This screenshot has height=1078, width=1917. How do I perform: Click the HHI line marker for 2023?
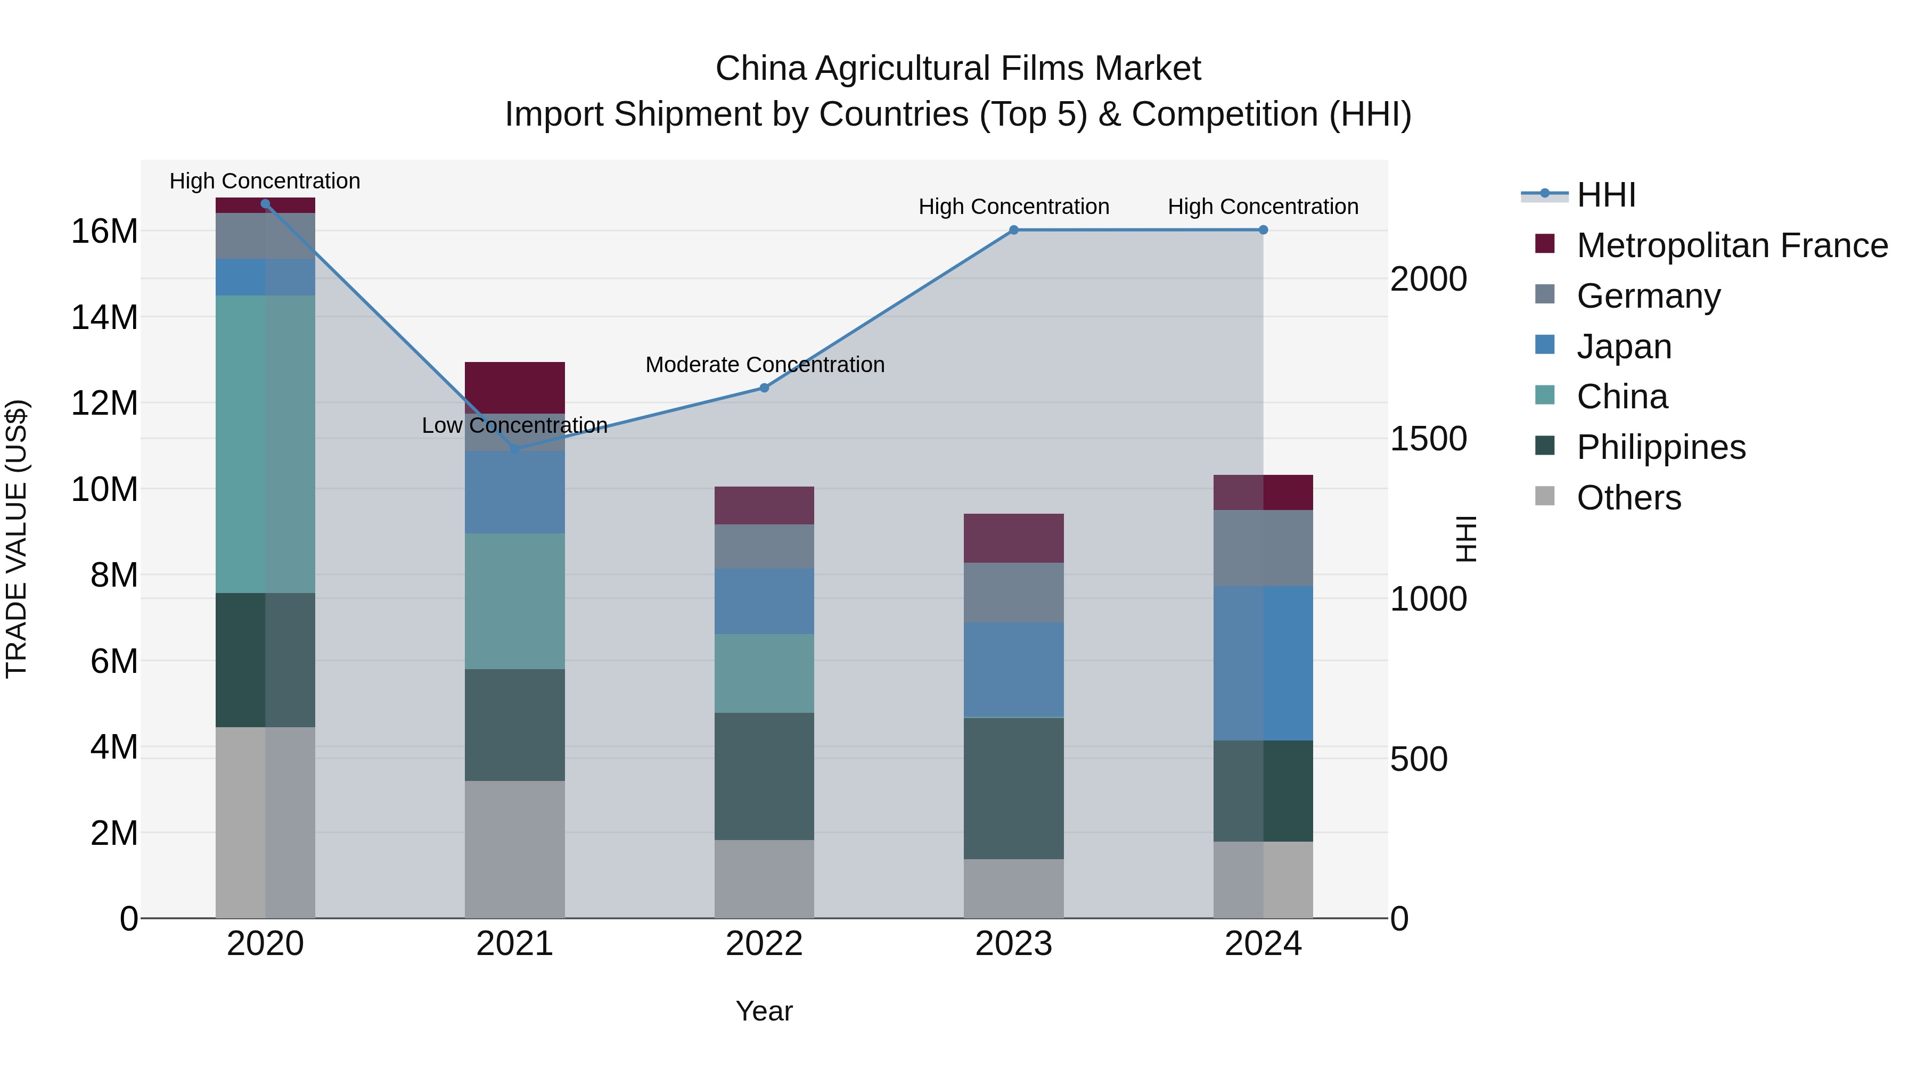pyautogui.click(x=1013, y=230)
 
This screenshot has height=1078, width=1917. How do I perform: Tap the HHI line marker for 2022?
pyautogui.click(x=764, y=388)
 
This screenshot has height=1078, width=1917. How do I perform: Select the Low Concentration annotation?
pyautogui.click(x=514, y=425)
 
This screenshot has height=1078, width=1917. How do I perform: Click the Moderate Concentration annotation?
pyautogui.click(x=764, y=365)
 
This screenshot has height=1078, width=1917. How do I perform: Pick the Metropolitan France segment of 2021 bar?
pyautogui.click(x=514, y=387)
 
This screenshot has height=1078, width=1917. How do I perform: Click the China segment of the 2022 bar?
pyautogui.click(x=764, y=673)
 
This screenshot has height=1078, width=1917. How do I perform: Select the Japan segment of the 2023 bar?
pyautogui.click(x=1013, y=670)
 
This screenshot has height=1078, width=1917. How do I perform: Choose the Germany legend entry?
pyautogui.click(x=1648, y=296)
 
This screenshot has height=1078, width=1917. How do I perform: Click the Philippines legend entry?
pyautogui.click(x=1660, y=447)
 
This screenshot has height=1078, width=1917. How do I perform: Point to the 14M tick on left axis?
pyautogui.click(x=104, y=318)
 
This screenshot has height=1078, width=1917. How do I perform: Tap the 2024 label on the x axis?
pyautogui.click(x=1263, y=944)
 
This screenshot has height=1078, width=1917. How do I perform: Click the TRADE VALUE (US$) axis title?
pyautogui.click(x=17, y=539)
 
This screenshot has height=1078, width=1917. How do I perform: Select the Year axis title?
pyautogui.click(x=764, y=1011)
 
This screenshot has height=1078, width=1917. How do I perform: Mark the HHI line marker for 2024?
pyautogui.click(x=1263, y=230)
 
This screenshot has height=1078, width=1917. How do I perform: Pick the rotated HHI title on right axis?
pyautogui.click(x=1465, y=539)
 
